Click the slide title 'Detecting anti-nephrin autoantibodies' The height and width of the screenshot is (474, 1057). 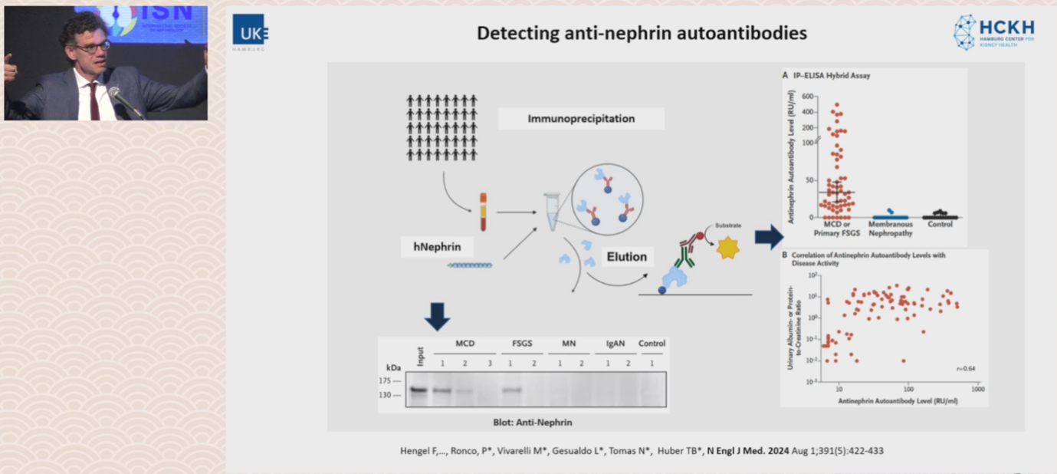642,33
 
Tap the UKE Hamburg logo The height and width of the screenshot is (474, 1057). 250,32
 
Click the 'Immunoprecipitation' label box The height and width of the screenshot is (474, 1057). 581,119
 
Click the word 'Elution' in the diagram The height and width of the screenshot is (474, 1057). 626,257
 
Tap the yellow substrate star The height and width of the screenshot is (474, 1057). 727,248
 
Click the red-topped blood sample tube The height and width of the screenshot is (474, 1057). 483,212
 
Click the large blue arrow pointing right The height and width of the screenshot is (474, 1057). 769,237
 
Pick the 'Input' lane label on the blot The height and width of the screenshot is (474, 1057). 419,357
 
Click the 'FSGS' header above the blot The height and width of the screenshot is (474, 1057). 521,344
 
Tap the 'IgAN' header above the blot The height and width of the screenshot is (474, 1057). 615,344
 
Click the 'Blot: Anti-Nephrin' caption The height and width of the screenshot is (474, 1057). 532,422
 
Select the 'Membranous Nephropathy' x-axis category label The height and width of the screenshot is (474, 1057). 890,228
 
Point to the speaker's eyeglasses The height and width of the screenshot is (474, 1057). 91,47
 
